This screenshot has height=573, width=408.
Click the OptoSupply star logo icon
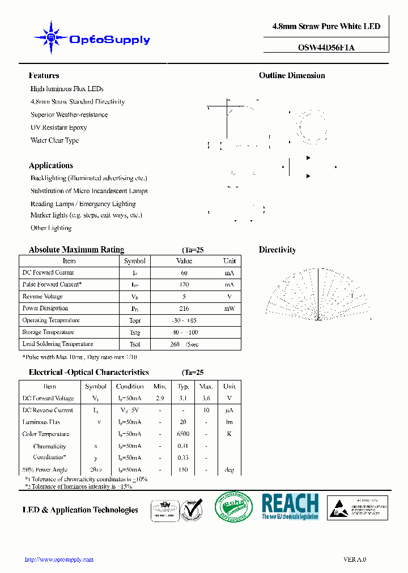coord(51,37)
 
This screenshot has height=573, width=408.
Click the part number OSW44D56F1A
coord(326,48)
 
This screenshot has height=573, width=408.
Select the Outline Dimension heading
coord(292,75)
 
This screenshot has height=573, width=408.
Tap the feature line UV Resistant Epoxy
coord(58,127)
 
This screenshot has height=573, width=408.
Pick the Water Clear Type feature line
coord(54,140)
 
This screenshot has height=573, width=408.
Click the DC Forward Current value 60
coord(184,273)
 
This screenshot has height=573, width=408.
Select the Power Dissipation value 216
coord(184,309)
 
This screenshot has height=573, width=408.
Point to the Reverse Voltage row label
coord(42,297)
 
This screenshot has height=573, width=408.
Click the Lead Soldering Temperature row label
coord(58,344)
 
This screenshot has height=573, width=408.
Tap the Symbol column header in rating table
coord(134,261)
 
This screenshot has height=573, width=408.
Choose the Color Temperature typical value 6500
coord(183,434)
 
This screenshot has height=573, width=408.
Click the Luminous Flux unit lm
coord(229,422)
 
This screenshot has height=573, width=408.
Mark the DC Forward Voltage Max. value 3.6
coord(206,399)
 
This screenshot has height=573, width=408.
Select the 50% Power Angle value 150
coord(183,470)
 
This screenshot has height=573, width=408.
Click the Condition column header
coord(130,387)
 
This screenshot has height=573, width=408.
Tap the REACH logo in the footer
coord(290,506)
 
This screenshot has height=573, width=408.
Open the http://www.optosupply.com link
coord(59,559)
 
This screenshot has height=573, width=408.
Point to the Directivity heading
coord(277,250)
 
